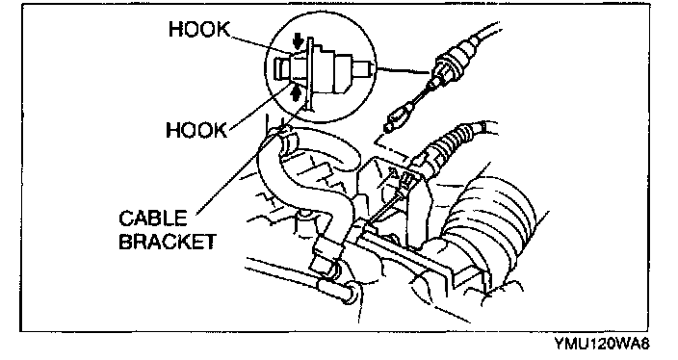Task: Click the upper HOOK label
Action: [199, 30]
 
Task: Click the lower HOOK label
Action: [196, 130]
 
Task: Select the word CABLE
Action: [152, 219]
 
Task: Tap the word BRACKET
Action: [167, 242]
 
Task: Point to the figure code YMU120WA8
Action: [602, 344]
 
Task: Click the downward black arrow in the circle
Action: [298, 42]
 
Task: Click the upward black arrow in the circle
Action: [296, 92]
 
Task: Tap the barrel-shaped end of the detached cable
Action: [397, 121]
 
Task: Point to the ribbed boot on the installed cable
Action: [450, 140]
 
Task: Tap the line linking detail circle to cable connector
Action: [404, 71]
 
